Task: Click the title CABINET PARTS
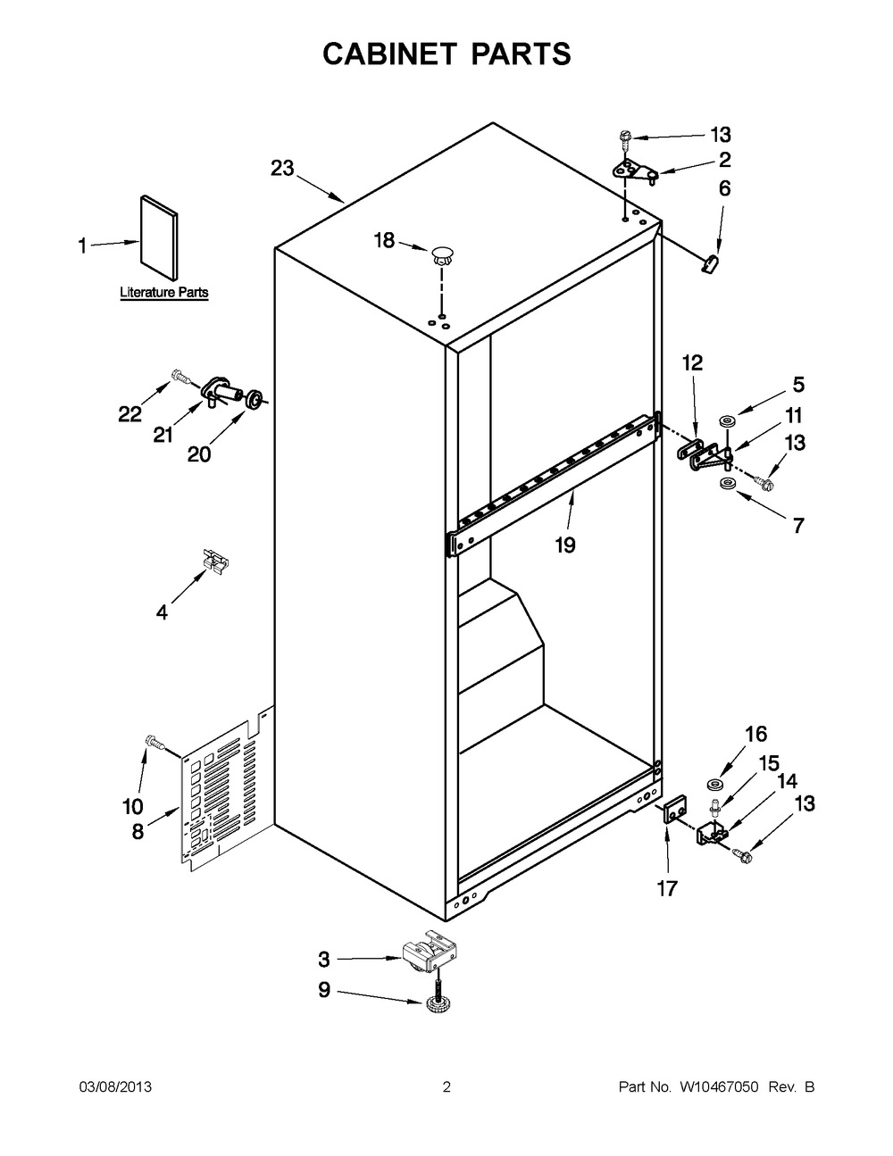pos(446,54)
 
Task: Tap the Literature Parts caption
pos(164,292)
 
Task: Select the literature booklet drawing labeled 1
pos(159,237)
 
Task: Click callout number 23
pos(282,168)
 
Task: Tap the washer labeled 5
pos(726,422)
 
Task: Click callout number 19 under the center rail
pos(565,545)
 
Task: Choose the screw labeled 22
pos(181,378)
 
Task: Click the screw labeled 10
pos(154,742)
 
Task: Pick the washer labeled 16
pos(714,785)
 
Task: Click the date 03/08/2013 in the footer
pos(115,1087)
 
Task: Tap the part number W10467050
pos(719,1087)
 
